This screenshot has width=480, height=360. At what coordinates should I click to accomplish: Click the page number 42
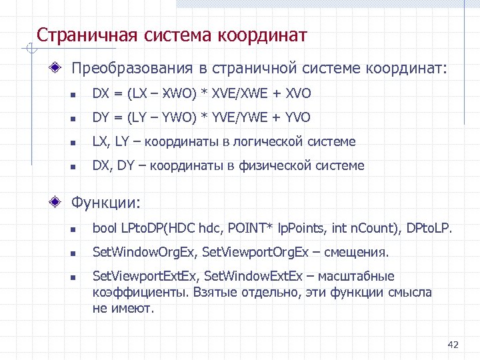[x=453, y=345]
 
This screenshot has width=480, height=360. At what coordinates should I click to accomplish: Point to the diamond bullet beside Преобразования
[x=59, y=68]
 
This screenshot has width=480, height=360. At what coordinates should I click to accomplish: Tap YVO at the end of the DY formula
[x=297, y=118]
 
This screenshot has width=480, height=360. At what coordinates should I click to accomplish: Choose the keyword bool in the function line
[x=105, y=229]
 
